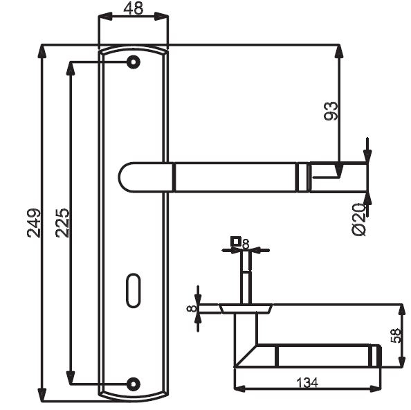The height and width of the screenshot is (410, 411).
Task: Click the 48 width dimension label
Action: coord(134,8)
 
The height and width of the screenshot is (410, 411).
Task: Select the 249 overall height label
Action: coord(34,223)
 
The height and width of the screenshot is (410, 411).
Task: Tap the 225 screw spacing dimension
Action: coord(63,223)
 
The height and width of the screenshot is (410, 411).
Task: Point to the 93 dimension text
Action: coord(331,111)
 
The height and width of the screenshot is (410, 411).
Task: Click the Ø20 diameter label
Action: coord(358,220)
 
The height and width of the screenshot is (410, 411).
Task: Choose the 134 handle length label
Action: coord(307,383)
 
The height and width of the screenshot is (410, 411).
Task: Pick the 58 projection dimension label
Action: coord(396,335)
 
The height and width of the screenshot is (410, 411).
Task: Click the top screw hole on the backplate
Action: coord(134,62)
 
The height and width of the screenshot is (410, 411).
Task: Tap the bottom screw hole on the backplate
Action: coord(134,384)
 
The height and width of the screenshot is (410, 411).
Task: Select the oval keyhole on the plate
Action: coord(134,290)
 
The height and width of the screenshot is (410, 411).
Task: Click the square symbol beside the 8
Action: coord(236,241)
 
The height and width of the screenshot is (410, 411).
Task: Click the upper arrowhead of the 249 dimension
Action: coord(42,51)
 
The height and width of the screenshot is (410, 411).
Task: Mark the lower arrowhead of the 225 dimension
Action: coord(71,377)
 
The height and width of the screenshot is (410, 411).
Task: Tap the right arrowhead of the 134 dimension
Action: coord(375,389)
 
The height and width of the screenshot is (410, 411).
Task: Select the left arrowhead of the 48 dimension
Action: coord(105,16)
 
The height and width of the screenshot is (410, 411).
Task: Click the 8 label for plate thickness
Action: coord(192,308)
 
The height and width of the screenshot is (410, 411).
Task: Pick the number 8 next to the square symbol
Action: coord(246,244)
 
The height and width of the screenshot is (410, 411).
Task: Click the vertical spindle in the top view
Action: coord(246,278)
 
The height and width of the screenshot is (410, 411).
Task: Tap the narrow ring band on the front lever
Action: coord(304,177)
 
